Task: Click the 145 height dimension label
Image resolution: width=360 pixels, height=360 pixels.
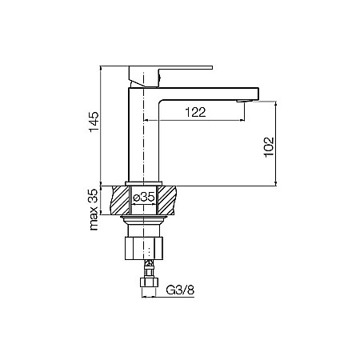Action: coord(94,125)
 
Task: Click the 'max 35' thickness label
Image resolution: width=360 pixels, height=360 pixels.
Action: coord(94,210)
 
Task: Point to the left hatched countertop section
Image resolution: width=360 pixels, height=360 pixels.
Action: coord(120,199)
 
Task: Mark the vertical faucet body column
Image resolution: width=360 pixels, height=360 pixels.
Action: coord(143,136)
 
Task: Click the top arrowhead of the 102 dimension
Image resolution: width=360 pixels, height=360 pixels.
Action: coord(275,104)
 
